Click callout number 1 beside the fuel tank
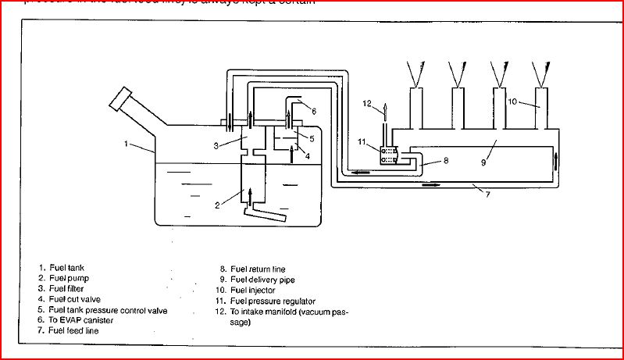[x=126, y=143]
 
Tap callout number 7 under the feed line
[x=487, y=193]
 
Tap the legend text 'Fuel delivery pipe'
[x=263, y=279]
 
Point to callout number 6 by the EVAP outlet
[x=312, y=110]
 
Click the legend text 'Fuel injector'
[x=256, y=290]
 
